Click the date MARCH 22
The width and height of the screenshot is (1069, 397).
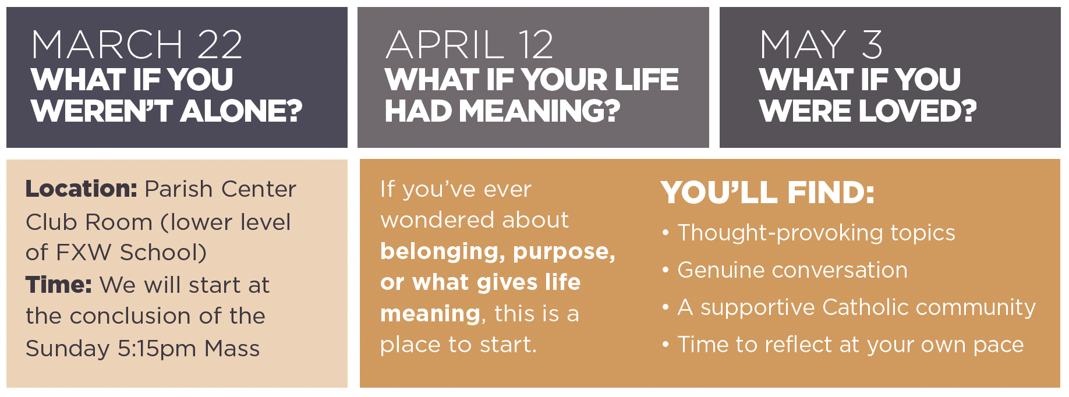pyautogui.click(x=137, y=44)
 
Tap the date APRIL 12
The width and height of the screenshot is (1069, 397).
pyautogui.click(x=469, y=44)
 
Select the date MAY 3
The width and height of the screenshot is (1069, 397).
pyautogui.click(x=822, y=44)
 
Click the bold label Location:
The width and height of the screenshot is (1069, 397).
pyautogui.click(x=82, y=189)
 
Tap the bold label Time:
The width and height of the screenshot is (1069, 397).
pyautogui.click(x=59, y=285)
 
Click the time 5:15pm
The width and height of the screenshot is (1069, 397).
pyautogui.click(x=157, y=349)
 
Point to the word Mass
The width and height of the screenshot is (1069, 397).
pyautogui.click(x=232, y=349)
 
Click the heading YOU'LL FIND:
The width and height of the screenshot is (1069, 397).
pyautogui.click(x=767, y=193)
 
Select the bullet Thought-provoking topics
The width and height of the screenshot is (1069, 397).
pyautogui.click(x=816, y=233)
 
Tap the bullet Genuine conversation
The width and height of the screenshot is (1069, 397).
pyautogui.click(x=792, y=270)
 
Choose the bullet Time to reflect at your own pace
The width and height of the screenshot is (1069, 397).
pyautogui.click(x=851, y=345)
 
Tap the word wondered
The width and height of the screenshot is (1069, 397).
pyautogui.click(x=437, y=220)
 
